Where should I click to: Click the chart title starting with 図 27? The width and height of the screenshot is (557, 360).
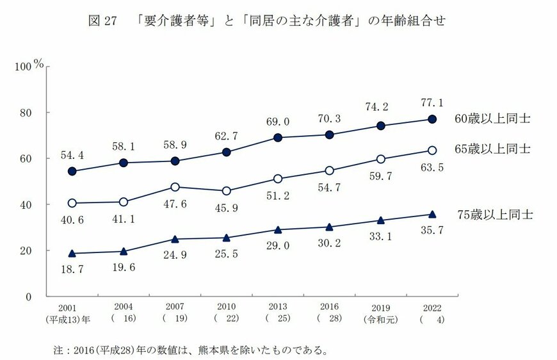coord(265,20)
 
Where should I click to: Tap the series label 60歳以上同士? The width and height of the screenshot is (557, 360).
coord(493,119)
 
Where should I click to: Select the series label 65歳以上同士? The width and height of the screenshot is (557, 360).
coord(493,149)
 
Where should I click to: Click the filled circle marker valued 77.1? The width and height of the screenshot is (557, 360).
coord(432,119)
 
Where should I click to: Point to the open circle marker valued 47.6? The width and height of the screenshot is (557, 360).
coord(175,187)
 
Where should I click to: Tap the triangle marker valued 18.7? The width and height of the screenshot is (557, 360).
coord(72,254)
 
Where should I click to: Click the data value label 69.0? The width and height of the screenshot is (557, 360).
coord(277,122)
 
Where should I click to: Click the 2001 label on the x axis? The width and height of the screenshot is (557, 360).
coord(71,308)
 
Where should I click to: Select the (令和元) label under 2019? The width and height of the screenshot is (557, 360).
coord(380,318)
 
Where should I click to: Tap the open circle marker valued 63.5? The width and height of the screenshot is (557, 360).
coord(432,150)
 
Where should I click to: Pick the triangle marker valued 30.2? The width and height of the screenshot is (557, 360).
coord(329,227)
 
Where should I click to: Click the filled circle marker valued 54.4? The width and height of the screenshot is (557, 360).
coord(72,171)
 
